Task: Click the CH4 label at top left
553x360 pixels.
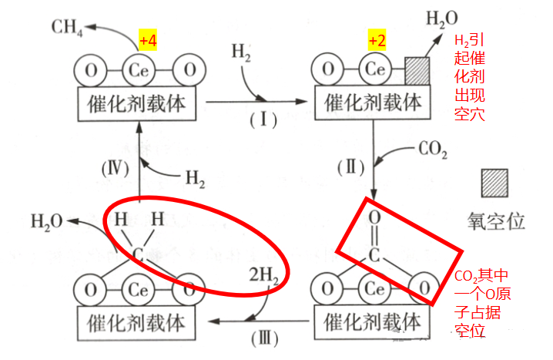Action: click(68, 29)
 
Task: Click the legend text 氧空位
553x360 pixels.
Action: click(497, 222)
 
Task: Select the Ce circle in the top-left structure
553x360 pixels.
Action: click(139, 71)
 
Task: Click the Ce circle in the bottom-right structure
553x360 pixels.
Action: click(373, 290)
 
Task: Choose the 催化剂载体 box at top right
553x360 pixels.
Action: click(374, 102)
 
